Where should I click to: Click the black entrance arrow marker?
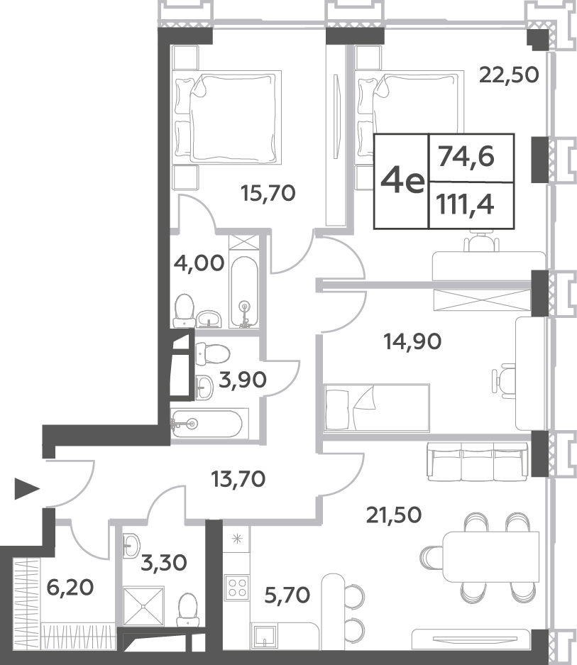[x=26, y=488]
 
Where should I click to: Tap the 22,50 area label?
[x=509, y=75]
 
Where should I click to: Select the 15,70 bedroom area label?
[x=268, y=193]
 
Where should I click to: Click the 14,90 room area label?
[x=412, y=341]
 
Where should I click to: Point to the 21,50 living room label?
[x=394, y=515]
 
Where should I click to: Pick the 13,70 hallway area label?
[x=238, y=479]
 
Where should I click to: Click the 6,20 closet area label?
[x=70, y=588]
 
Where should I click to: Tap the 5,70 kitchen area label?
[x=287, y=595]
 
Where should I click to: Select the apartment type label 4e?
[x=402, y=182]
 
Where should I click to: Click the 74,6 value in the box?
[x=466, y=157]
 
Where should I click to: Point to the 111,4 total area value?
[x=466, y=205]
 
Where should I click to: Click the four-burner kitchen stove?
[x=237, y=588]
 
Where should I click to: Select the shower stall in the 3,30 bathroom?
[x=143, y=607]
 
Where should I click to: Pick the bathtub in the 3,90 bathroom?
[x=207, y=423]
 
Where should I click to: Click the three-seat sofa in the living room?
[x=478, y=462]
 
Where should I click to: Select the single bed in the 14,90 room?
[x=377, y=407]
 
